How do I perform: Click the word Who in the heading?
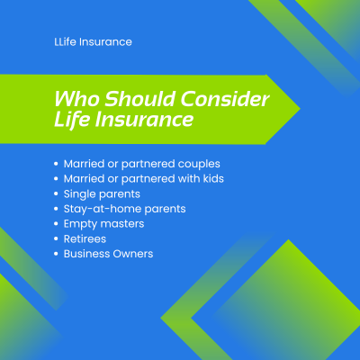[x=76, y=99]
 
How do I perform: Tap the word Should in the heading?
[x=139, y=99]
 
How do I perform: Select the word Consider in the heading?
[x=225, y=99]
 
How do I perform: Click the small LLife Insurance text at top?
[x=93, y=42]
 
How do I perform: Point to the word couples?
[x=199, y=165]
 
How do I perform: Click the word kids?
[x=213, y=178]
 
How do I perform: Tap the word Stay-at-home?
[x=103, y=209]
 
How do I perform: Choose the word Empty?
[x=80, y=224]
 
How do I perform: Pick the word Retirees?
[x=85, y=238]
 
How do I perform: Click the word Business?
[x=85, y=254]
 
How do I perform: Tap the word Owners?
[x=132, y=254]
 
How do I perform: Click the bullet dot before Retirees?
[x=56, y=239]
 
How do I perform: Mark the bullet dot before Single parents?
[x=56, y=193]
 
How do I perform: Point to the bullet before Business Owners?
[x=56, y=254]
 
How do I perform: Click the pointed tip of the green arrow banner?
[x=300, y=109]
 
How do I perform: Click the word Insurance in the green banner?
[x=144, y=119]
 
